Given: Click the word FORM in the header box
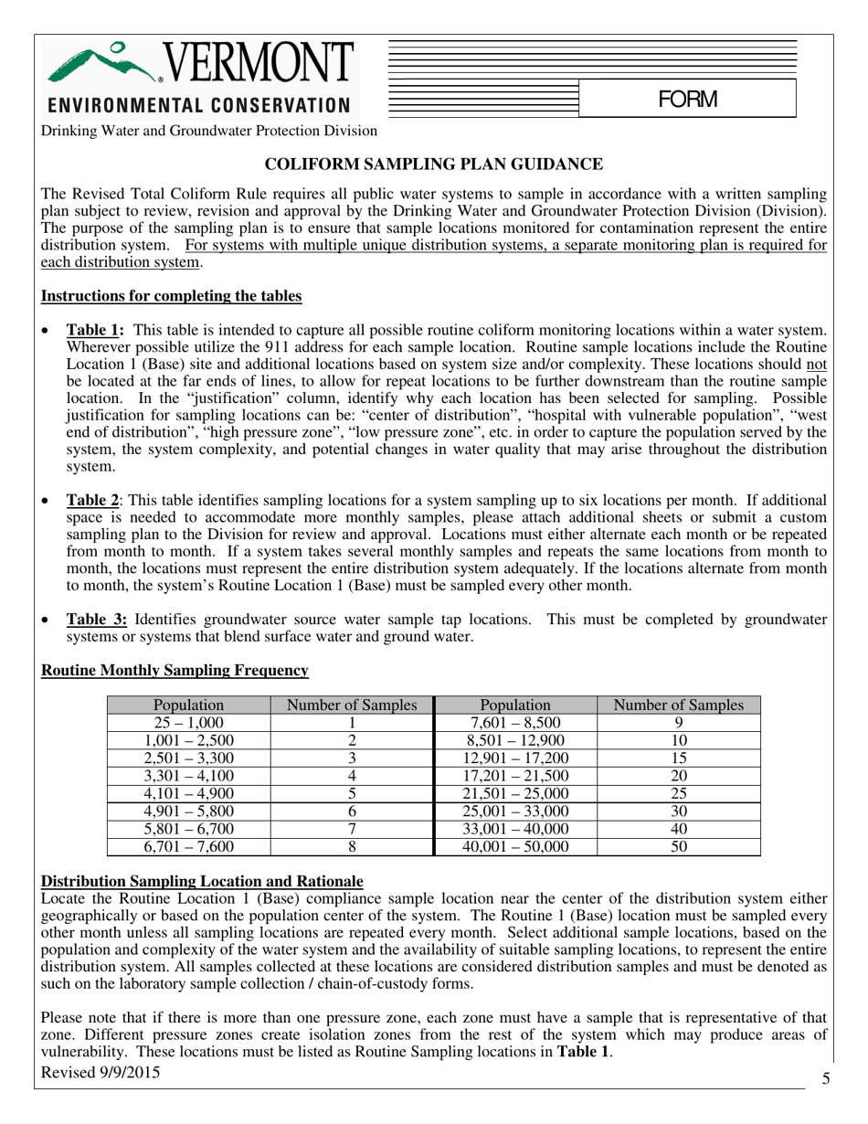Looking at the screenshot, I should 687,99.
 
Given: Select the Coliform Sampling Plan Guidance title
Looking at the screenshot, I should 434,164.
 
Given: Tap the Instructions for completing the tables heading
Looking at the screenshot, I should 172,296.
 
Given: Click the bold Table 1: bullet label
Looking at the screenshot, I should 95,330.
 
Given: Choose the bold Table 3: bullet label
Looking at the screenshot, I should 95,619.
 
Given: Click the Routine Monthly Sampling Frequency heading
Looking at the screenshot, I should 175,671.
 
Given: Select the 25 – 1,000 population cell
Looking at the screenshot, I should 189,722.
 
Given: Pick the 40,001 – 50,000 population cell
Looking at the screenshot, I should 515,846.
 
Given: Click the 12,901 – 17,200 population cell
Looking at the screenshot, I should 515,758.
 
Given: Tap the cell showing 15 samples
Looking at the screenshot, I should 678,758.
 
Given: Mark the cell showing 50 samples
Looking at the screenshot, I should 678,846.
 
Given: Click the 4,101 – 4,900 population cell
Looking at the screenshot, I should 189,793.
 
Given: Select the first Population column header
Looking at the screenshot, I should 189,705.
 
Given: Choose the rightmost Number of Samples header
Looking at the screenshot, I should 678,705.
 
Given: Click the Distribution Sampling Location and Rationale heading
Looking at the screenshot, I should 203,881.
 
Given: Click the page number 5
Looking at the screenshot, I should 825,1079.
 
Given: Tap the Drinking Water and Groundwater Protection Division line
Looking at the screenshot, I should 208,130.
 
